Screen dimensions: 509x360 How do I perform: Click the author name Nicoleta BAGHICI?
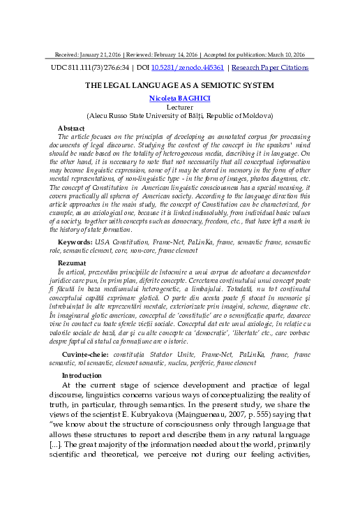(179, 99)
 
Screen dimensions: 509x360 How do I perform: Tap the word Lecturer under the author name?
(179, 108)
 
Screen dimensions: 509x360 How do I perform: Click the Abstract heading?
(72, 128)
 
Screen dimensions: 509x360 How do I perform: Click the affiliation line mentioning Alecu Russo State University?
(179, 116)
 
